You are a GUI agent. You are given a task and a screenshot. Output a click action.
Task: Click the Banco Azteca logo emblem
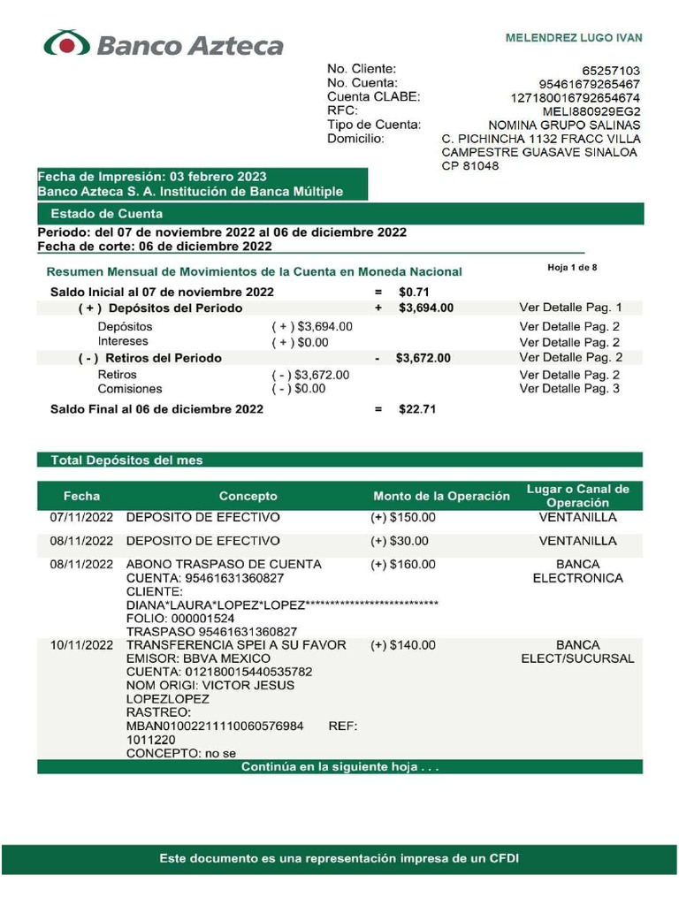[66, 43]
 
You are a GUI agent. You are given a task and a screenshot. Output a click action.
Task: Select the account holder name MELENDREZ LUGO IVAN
[573, 38]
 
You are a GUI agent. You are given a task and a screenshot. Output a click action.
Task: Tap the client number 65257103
[611, 70]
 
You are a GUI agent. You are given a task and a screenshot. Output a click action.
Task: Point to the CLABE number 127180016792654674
[576, 97]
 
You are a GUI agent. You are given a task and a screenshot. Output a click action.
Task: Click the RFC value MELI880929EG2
[592, 111]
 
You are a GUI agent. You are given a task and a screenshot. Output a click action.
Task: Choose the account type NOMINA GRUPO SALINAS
[564, 125]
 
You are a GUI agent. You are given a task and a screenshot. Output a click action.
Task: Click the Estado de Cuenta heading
[106, 214]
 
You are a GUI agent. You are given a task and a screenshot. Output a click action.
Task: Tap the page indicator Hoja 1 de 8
[572, 267]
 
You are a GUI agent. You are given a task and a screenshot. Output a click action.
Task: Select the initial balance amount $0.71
[414, 292]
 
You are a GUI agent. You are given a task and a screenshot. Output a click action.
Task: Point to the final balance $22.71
[416, 409]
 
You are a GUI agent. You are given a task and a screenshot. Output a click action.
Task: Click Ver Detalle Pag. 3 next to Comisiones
[570, 389]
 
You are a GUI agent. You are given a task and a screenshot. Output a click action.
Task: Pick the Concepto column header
[248, 496]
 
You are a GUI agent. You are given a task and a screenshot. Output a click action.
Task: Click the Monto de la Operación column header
[441, 496]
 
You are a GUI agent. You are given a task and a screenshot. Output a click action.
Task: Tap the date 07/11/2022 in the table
[81, 517]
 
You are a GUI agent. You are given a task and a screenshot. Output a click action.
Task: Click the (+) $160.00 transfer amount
[403, 564]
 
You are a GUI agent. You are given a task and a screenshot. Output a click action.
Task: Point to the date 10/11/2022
[81, 645]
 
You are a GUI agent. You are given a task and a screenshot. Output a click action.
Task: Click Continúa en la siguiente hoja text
[339, 767]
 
